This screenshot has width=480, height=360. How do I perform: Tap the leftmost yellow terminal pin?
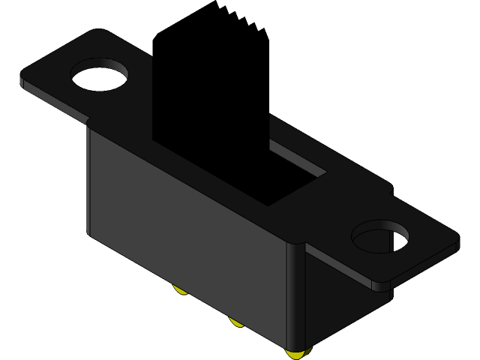181,289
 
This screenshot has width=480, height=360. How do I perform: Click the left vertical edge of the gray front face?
88,180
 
